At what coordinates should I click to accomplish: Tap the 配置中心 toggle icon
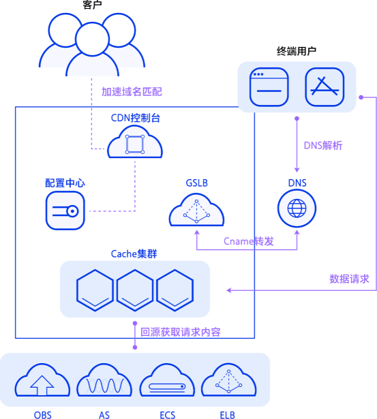pos(65,211)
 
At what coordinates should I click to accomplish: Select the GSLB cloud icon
pos(196,210)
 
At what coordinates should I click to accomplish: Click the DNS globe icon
pos(297,208)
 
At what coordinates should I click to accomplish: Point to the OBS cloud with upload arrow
pos(42,380)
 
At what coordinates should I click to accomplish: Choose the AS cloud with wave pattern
pos(104,380)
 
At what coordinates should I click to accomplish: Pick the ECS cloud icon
pos(167,380)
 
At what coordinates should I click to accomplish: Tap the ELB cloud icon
pos(228,380)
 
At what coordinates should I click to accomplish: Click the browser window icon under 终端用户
pos(269,87)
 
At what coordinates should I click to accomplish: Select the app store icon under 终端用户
pos(325,87)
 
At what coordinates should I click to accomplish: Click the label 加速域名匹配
pos(132,92)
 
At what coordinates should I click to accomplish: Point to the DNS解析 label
pos(323,146)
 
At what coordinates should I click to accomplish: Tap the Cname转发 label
pos(249,241)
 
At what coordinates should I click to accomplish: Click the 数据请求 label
pos(349,279)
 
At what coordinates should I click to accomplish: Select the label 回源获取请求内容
pos(181,332)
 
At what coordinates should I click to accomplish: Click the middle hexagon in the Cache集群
pos(135,290)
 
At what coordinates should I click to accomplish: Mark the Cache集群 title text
pos(134,254)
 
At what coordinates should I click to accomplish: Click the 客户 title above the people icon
pos(92,5)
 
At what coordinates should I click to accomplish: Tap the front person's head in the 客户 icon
pos(92,39)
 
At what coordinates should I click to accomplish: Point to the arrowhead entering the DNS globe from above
pos(297,170)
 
